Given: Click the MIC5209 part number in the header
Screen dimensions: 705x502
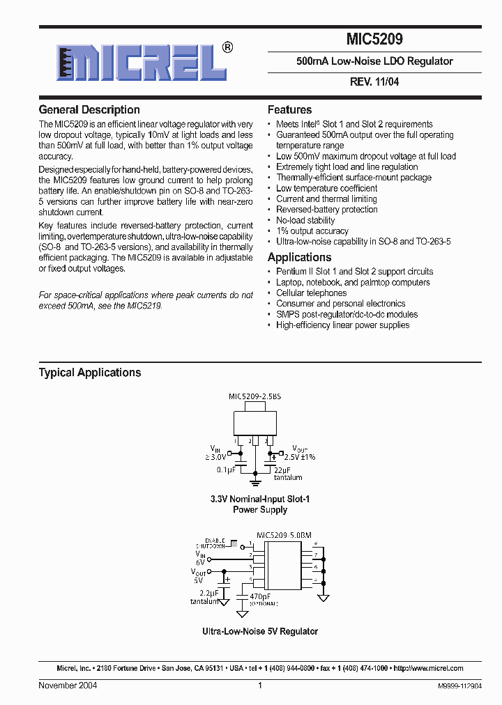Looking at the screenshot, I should [374, 40].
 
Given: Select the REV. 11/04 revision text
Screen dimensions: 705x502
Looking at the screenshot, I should [374, 82].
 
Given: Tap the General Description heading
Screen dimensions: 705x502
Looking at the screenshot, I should [89, 110].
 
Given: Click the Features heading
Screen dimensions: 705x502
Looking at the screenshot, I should [289, 110].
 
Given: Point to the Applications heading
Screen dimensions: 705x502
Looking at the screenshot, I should [299, 257].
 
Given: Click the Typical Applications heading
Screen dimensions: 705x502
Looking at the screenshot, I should [90, 373].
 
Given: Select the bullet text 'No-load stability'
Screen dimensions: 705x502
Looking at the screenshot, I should [305, 220].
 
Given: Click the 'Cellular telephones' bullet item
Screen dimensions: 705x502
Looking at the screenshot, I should [311, 293].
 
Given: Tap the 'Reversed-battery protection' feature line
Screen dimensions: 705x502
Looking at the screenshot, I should [326, 210].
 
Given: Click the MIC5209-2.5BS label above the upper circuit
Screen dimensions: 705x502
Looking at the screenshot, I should [255, 396].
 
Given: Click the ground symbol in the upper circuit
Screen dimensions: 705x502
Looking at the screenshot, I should [255, 481].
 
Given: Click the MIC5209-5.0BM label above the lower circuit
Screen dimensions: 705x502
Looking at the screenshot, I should [284, 535].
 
